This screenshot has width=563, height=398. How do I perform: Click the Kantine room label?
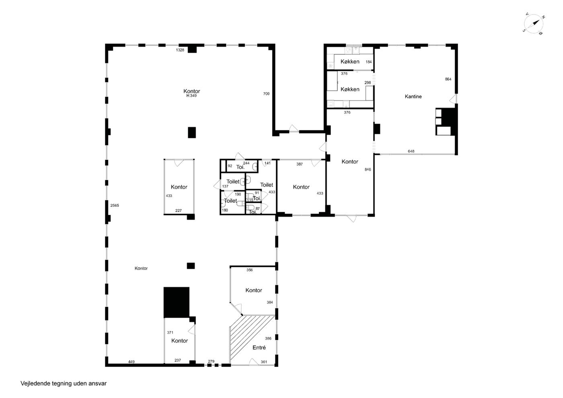click(x=413, y=96)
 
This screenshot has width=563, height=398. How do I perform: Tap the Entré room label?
click(x=259, y=347)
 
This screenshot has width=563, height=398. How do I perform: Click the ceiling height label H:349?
click(x=191, y=96)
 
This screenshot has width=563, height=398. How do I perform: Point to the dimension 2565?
click(x=115, y=205)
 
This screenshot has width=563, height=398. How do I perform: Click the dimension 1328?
click(x=180, y=50)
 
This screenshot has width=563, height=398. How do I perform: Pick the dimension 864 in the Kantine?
click(x=448, y=79)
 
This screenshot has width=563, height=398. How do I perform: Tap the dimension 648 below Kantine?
click(x=411, y=151)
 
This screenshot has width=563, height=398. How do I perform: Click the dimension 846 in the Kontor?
click(x=368, y=169)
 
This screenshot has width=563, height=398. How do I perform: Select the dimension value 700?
click(x=266, y=94)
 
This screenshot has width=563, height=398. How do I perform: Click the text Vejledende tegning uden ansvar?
click(x=64, y=384)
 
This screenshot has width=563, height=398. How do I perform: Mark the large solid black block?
click(x=177, y=302)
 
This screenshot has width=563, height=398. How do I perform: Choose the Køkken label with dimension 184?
click(x=349, y=62)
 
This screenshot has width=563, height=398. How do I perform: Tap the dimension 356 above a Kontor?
click(x=249, y=270)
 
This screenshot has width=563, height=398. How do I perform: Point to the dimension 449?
click(x=131, y=362)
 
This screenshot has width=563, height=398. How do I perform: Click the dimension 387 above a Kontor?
click(x=299, y=164)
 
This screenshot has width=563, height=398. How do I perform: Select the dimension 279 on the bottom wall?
click(x=211, y=361)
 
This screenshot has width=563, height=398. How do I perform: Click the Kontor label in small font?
click(x=141, y=268)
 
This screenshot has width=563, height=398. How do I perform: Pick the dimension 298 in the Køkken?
click(x=368, y=82)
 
